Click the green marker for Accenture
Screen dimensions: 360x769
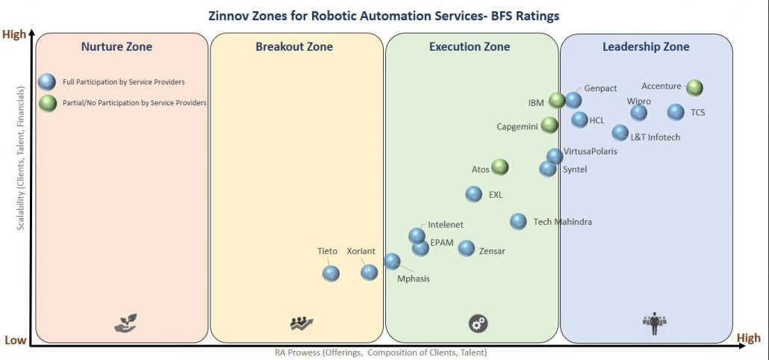click(x=694, y=88)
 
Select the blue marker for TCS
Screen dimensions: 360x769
click(x=676, y=113)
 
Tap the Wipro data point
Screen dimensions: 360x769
click(x=638, y=113)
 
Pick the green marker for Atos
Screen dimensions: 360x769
click(x=499, y=168)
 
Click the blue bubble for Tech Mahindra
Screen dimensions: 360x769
click(x=518, y=221)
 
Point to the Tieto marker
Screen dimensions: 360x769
click(x=331, y=273)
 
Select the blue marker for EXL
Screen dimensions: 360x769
click(x=473, y=194)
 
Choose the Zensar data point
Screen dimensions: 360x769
click(x=467, y=249)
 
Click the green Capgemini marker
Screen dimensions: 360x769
click(x=549, y=125)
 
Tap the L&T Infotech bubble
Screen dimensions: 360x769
click(x=620, y=133)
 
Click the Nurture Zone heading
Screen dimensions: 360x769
click(x=116, y=47)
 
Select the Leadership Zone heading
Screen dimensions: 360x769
click(x=646, y=47)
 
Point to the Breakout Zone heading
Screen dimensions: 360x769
click(x=294, y=47)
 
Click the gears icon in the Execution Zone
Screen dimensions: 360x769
click(x=478, y=323)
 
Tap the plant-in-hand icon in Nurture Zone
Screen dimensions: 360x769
click(x=125, y=323)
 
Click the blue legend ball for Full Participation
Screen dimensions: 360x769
click(x=48, y=81)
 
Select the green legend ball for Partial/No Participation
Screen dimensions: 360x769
click(x=48, y=102)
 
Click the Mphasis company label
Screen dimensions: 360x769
click(x=413, y=279)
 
